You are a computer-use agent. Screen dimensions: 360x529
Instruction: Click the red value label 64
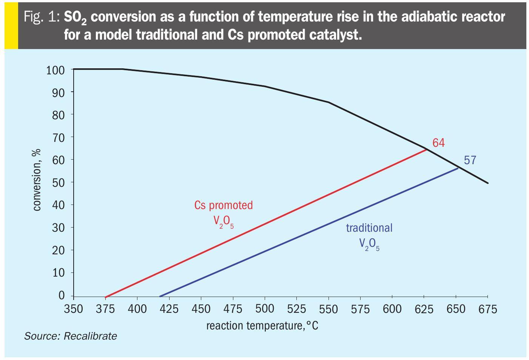(x=438, y=143)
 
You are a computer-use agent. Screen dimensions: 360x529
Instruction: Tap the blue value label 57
(x=470, y=160)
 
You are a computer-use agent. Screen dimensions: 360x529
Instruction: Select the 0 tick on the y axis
(x=62, y=295)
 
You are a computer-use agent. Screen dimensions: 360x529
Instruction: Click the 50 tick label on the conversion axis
(x=59, y=182)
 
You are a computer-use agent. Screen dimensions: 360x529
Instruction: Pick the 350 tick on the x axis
(x=73, y=309)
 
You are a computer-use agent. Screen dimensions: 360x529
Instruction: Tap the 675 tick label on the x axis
(x=488, y=309)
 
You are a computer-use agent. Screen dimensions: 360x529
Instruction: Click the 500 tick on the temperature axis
(x=264, y=309)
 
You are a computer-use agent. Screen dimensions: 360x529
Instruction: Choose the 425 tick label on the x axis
(x=169, y=309)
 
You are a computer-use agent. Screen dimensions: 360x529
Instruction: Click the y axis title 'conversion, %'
(x=37, y=180)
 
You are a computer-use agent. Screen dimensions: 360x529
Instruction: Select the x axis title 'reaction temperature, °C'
(x=262, y=325)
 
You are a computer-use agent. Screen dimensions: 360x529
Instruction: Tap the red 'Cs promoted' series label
(x=224, y=205)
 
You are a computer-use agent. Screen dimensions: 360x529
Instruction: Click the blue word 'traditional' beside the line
(x=369, y=228)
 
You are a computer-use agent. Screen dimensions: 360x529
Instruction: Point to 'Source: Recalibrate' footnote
(x=71, y=336)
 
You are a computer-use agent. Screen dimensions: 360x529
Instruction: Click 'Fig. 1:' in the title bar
(x=42, y=17)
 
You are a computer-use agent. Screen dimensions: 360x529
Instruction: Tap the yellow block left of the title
(x=11, y=25)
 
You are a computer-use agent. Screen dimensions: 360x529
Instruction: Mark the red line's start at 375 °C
(x=105, y=297)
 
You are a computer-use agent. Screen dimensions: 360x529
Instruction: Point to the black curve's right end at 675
(x=488, y=183)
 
